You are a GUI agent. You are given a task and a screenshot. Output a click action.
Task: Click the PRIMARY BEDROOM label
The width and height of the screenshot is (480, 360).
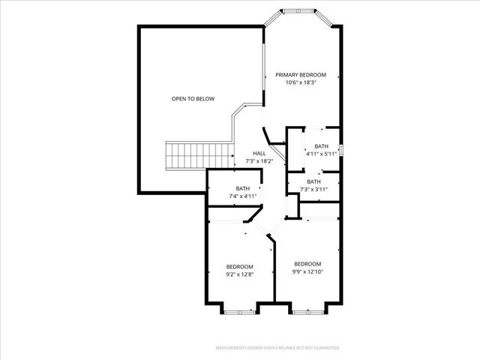coord(301,74)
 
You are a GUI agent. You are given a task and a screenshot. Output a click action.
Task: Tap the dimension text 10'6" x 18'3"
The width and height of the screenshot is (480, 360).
coord(301,82)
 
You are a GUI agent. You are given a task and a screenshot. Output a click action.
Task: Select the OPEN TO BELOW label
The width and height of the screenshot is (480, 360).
coord(193,98)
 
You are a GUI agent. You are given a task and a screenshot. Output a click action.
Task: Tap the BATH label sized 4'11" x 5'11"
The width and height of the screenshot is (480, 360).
coord(321,146)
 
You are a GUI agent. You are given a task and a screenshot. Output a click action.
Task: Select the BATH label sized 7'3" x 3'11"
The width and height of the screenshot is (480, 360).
coord(313,181)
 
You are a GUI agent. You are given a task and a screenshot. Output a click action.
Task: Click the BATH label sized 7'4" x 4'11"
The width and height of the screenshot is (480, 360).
coord(242,188)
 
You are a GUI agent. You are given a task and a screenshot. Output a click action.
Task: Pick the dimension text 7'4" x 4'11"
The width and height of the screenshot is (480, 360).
coord(242,196)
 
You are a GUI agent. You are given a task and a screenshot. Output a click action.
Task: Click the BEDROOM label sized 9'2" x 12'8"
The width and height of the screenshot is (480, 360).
coord(240,266)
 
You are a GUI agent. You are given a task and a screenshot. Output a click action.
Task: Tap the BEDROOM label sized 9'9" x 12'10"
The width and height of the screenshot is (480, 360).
coord(307,263)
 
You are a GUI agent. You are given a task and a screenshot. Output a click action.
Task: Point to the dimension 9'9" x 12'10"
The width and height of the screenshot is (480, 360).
coord(307,271)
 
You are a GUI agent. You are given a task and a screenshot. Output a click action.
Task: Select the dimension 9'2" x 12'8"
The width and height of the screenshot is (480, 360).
coord(240,274)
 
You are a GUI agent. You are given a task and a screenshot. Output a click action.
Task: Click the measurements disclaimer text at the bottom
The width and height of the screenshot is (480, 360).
coord(277,348)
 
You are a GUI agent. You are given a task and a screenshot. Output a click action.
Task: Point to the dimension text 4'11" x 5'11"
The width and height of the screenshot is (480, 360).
coord(321,154)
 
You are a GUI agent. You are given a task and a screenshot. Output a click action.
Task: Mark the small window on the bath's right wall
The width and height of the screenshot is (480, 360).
coord(341,149)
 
